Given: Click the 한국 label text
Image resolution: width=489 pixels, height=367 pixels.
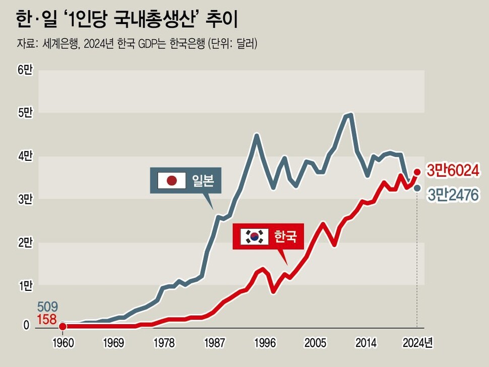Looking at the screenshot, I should pyautogui.click(x=286, y=236).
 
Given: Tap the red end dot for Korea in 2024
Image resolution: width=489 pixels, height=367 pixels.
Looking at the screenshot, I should pyautogui.click(x=418, y=171).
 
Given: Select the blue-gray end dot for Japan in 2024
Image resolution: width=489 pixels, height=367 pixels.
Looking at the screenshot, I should pyautogui.click(x=417, y=189).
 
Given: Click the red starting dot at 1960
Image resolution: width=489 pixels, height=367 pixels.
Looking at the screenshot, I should pyautogui.click(x=63, y=327).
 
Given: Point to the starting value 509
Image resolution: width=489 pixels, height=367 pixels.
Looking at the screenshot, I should pyautogui.click(x=48, y=307).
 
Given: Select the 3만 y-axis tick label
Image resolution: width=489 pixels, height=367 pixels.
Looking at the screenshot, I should pyautogui.click(x=25, y=199).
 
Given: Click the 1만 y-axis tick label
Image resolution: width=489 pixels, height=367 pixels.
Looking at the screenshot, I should pyautogui.click(x=25, y=285).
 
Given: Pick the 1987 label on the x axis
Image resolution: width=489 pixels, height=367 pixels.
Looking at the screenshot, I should pyautogui.click(x=215, y=343).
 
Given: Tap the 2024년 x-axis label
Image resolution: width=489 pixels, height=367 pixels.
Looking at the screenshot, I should pyautogui.click(x=418, y=343).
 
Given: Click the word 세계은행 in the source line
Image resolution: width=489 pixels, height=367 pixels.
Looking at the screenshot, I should pyautogui.click(x=56, y=44).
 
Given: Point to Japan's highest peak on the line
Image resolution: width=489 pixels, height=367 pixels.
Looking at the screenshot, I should pyautogui.click(x=349, y=114).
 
